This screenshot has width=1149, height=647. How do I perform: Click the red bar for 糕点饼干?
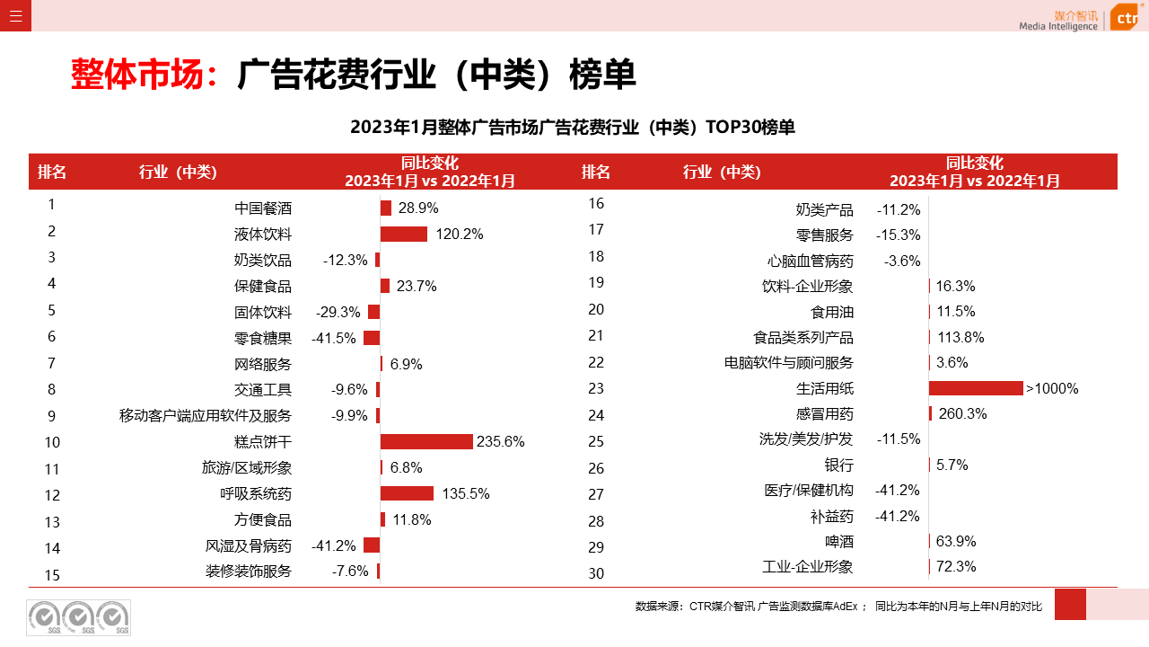click(x=426, y=441)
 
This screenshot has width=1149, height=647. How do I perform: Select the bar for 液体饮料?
click(x=404, y=235)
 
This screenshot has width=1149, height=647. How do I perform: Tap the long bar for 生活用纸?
click(x=976, y=388)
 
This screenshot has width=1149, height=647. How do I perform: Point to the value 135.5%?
click(x=466, y=493)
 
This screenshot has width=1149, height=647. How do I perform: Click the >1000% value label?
click(x=1052, y=389)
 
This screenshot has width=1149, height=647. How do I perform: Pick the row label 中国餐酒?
click(x=263, y=208)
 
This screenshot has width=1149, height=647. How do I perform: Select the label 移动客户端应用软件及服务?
click(x=206, y=416)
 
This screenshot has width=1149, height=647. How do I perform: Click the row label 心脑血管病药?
click(x=811, y=261)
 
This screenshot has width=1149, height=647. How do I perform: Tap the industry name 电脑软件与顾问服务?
click(x=789, y=363)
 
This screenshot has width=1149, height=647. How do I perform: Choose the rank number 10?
click(x=52, y=442)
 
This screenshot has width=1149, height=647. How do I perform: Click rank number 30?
click(x=596, y=573)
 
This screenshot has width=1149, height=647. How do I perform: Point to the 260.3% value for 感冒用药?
click(x=962, y=414)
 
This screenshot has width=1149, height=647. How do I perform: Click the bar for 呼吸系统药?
click(x=407, y=493)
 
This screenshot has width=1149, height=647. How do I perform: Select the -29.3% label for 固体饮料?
click(x=338, y=313)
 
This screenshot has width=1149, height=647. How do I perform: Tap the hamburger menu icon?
click(x=15, y=15)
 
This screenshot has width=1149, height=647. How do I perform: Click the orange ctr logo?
click(x=1125, y=17)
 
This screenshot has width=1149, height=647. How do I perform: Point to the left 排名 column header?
click(x=52, y=172)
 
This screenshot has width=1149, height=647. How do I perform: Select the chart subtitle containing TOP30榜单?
click(x=573, y=128)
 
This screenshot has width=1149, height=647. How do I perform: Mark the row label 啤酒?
click(x=839, y=542)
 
